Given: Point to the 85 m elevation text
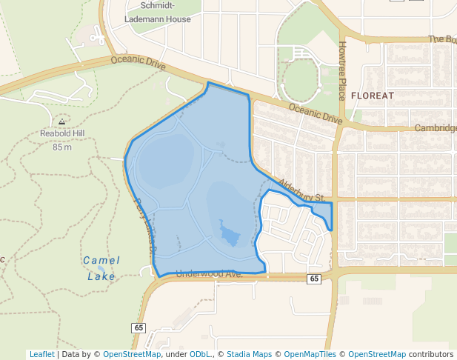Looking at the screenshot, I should point(62,147).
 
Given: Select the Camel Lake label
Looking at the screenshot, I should point(101,268).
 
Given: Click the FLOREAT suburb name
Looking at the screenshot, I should point(373,96).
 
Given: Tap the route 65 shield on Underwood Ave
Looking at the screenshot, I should point(314,279).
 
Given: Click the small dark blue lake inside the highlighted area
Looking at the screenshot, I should point(229,236).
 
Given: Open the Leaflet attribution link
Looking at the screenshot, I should point(42,354).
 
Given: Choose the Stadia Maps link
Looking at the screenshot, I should point(249,354).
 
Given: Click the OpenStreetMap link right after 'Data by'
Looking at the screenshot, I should point(132,354).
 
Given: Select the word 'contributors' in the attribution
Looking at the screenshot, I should point(431,354).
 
